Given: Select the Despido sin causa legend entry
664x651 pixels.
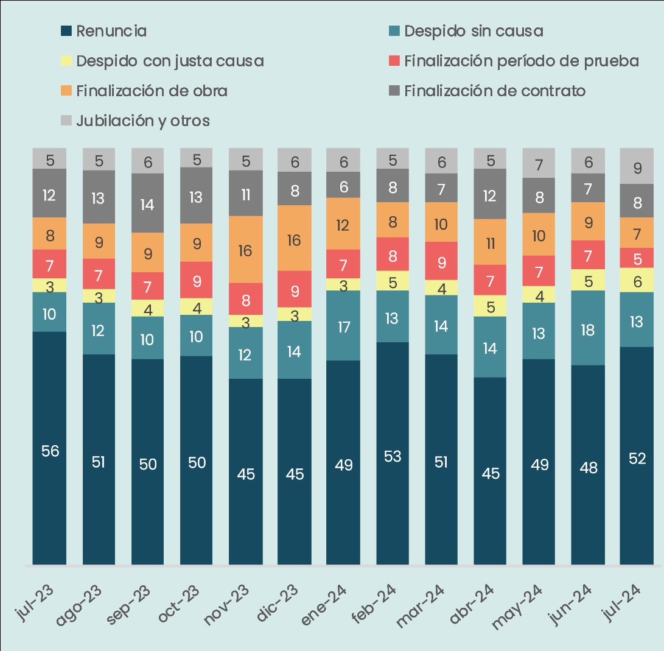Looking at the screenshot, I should pyautogui.click(x=466, y=31).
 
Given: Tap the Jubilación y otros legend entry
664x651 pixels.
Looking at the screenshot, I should pyautogui.click(x=136, y=121).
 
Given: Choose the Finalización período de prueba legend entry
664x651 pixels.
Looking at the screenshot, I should pyautogui.click(x=514, y=61).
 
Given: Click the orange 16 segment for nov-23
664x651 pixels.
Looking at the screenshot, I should pyautogui.click(x=246, y=250).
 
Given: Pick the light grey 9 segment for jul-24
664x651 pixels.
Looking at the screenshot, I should pyautogui.click(x=637, y=167).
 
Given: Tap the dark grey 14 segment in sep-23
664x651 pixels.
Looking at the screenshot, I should pyautogui.click(x=148, y=203).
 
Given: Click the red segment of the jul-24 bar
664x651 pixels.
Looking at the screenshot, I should pyautogui.click(x=637, y=258).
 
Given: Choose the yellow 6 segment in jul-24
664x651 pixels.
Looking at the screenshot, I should pyautogui.click(x=637, y=280).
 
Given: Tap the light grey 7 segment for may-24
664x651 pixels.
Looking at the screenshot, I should pyautogui.click(x=539, y=164).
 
